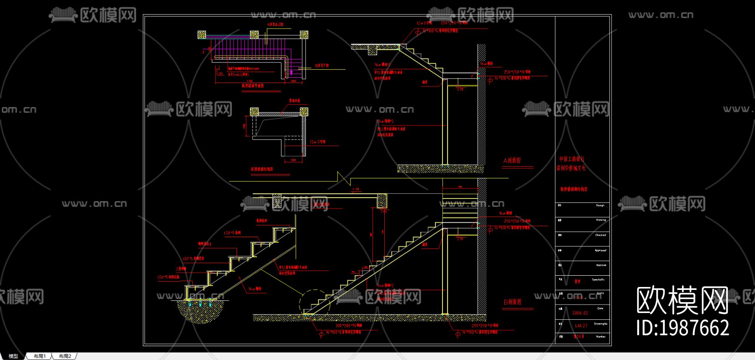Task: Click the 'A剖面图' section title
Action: click(512, 161)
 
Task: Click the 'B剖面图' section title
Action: click(512, 302)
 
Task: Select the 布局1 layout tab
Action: click(39, 356)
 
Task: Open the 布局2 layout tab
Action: click(65, 356)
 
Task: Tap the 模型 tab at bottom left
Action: click(13, 356)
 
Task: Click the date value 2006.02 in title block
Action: click(580, 313)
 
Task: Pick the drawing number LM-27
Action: click(581, 326)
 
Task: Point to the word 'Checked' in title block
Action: click(600, 235)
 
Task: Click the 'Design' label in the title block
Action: click(600, 206)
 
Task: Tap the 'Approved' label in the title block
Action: click(600, 250)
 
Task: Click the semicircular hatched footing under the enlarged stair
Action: click(200, 310)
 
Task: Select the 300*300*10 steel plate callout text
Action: click(348, 326)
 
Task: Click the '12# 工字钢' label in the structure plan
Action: click(318, 142)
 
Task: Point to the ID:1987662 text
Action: click(682, 328)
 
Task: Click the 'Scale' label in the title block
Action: click(600, 293)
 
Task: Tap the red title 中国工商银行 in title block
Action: click(571, 159)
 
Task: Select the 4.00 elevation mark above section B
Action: click(356, 189)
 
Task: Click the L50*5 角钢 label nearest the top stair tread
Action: click(232, 233)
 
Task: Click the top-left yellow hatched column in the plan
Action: click(202, 34)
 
